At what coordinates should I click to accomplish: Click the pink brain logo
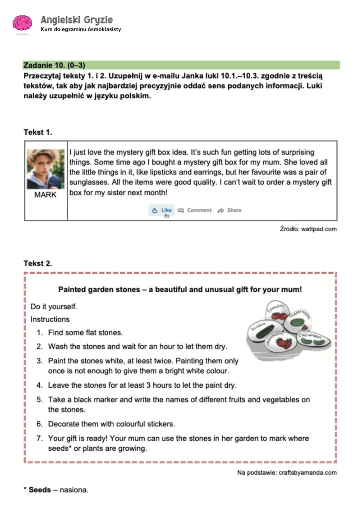point(22,23)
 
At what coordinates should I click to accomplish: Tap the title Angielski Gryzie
point(76,19)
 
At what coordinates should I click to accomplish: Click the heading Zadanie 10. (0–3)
point(54,65)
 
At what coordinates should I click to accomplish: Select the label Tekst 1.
point(38,132)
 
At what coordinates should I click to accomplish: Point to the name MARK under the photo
point(46,195)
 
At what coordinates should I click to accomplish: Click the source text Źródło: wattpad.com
point(308,229)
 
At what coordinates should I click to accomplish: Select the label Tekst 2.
point(38,263)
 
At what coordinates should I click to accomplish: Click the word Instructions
point(50,319)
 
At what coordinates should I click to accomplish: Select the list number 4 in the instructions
point(40,385)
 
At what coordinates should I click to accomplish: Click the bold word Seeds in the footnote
point(40,490)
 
